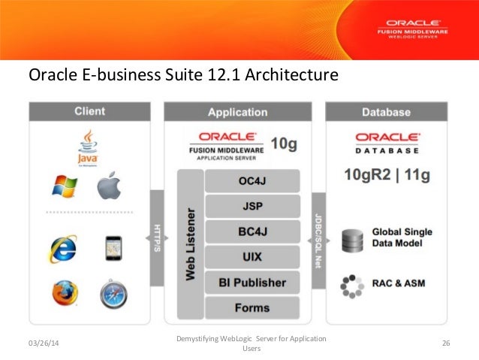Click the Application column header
(237, 112)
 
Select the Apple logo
(109, 186)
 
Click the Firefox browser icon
(65, 292)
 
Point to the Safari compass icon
(113, 293)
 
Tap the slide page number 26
(446, 343)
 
